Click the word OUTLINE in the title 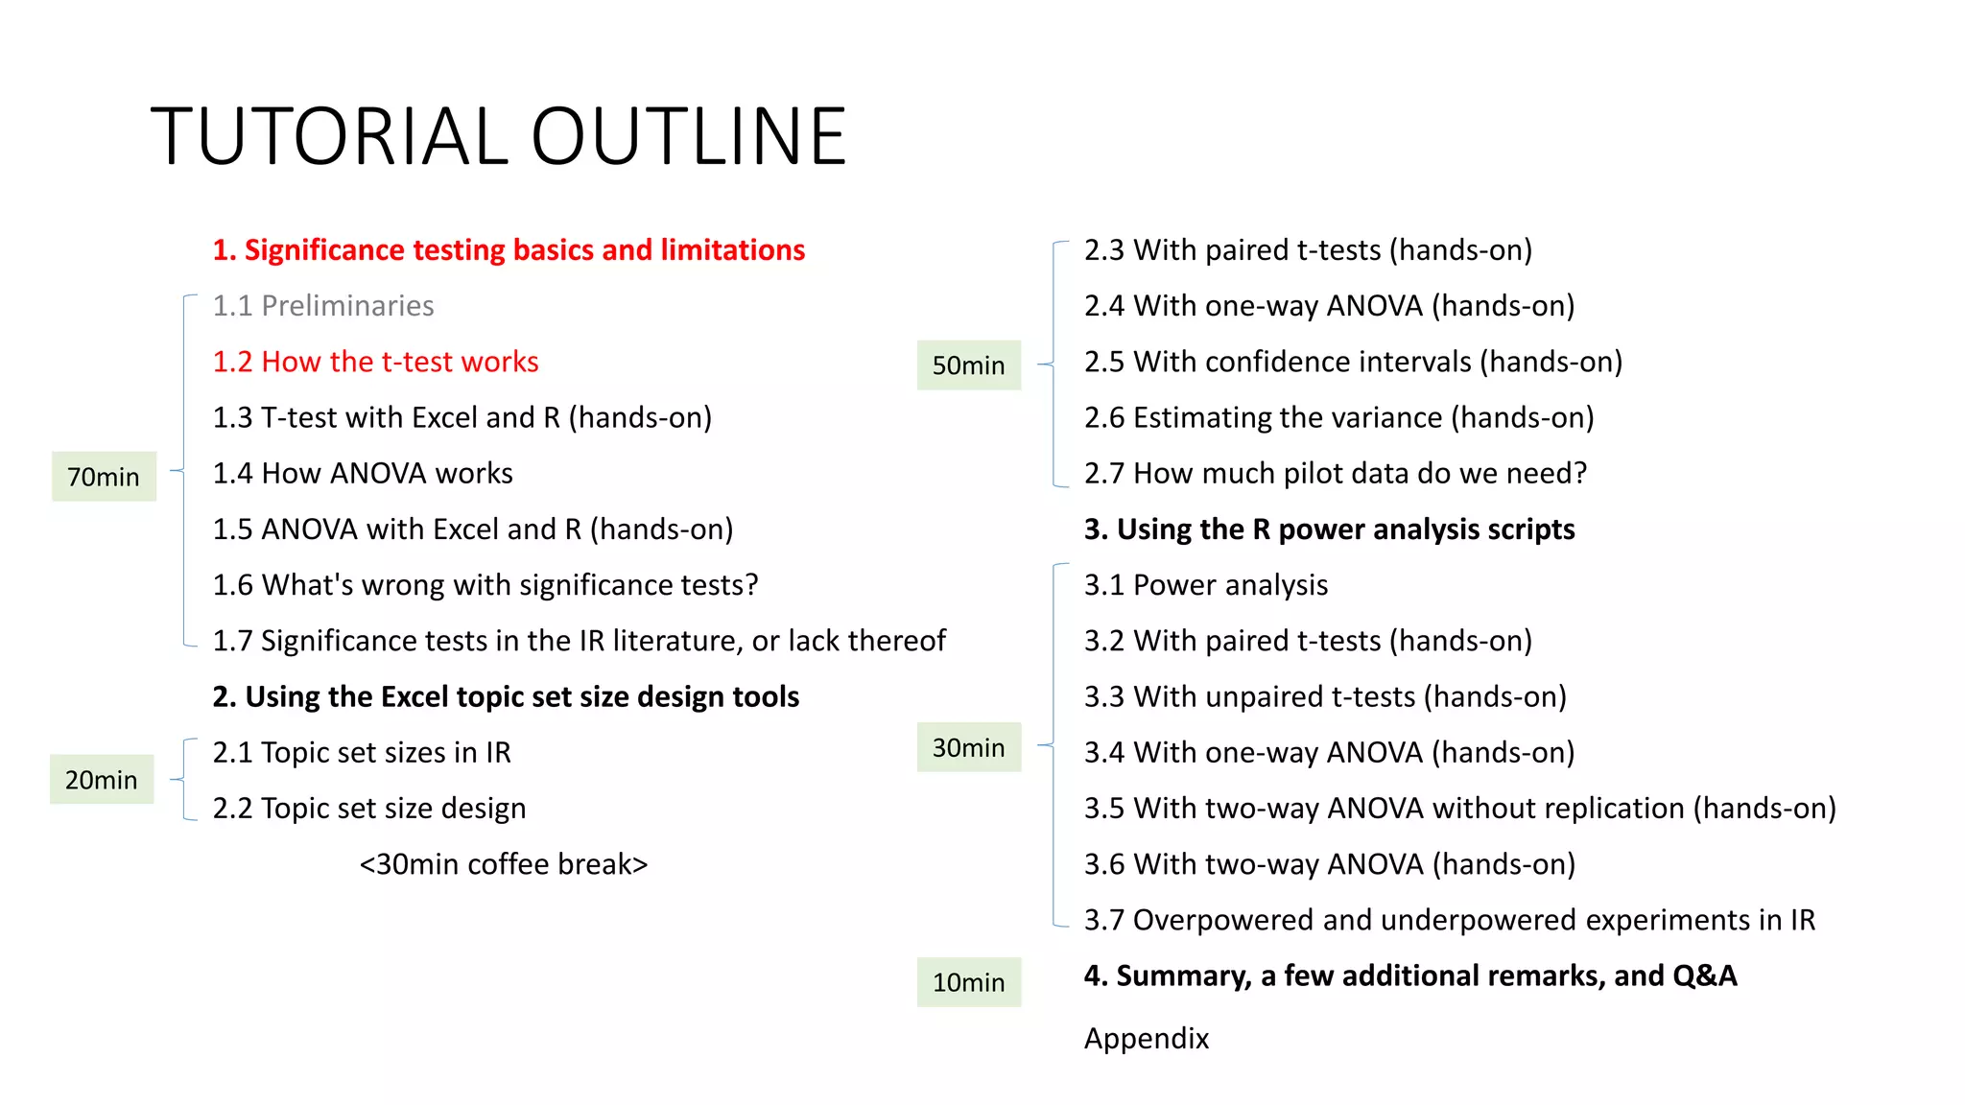(688, 136)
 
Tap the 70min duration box (104, 477)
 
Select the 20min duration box (102, 780)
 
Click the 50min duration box (968, 365)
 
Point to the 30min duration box (968, 747)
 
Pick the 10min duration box (968, 982)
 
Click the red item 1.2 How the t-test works (375, 362)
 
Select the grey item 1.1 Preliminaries (323, 306)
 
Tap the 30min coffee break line (504, 864)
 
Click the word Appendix (1147, 1039)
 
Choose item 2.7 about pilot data (1335, 473)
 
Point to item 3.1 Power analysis (1206, 585)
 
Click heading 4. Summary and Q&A (1409, 976)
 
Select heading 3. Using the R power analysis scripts (1329, 529)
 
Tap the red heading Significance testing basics (509, 250)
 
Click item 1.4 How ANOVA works (363, 474)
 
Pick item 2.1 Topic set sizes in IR (362, 753)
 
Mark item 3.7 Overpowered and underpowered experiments (1449, 920)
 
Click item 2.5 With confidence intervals (1353, 362)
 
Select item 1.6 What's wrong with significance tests (485, 585)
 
